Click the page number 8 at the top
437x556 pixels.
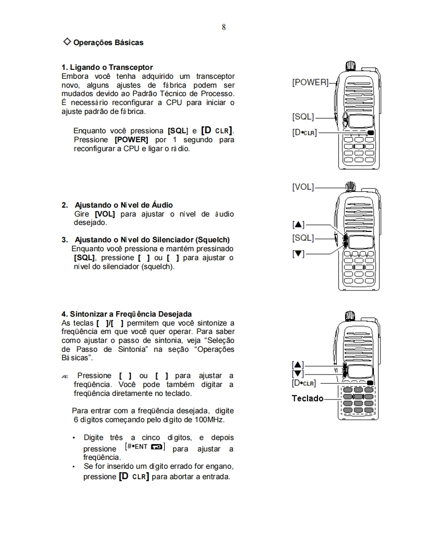coord(224,27)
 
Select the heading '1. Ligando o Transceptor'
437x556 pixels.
coord(107,67)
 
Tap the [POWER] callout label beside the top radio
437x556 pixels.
coord(310,82)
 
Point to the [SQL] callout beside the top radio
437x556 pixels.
coord(303,117)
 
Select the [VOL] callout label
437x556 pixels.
coord(303,187)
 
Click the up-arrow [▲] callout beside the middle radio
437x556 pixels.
coord(299,224)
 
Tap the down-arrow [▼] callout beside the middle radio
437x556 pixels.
coord(299,253)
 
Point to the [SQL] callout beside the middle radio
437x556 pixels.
coord(303,238)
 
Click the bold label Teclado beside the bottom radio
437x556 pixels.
coord(308,398)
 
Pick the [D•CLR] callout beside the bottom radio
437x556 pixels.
coord(304,383)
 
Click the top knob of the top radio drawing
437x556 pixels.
coord(350,65)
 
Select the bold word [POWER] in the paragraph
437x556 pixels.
coord(131,140)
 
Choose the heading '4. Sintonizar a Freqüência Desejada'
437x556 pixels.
coord(126,314)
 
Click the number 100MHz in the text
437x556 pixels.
coord(209,420)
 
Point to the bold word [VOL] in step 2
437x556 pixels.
coord(105,214)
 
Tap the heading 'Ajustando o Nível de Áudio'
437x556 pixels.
coord(124,205)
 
